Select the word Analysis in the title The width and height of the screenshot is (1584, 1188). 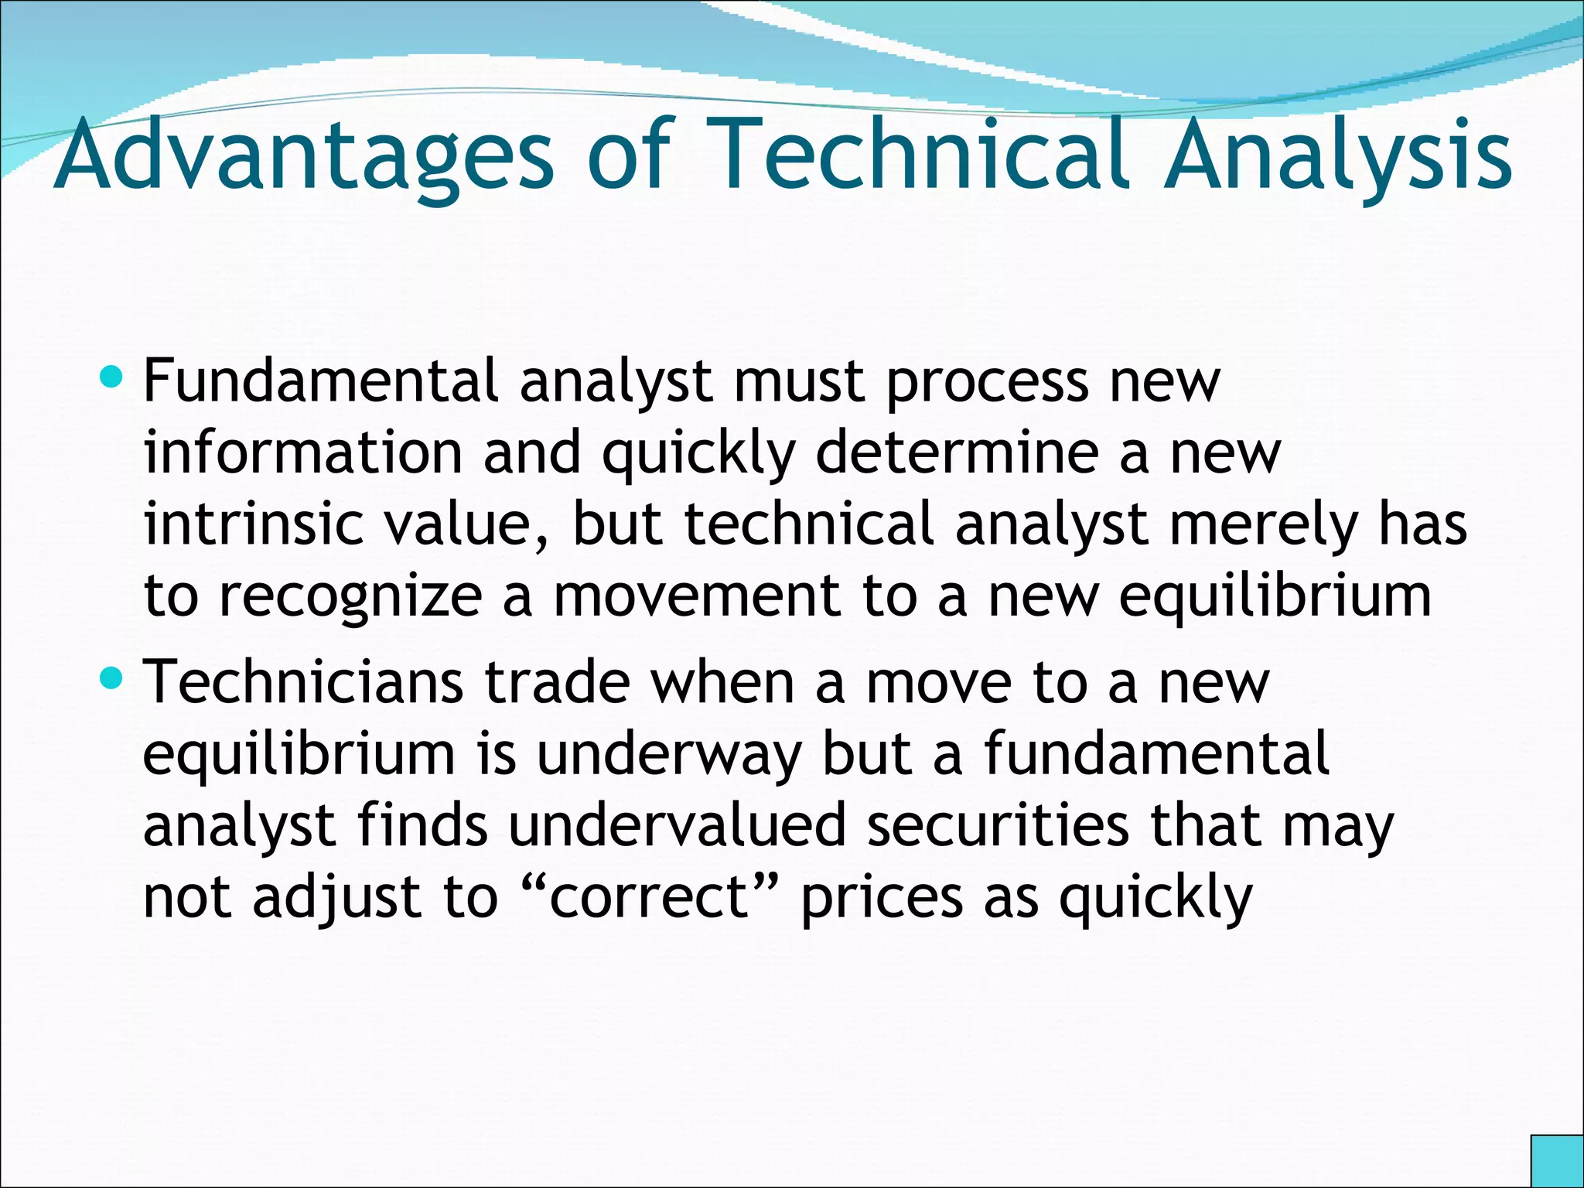point(1338,156)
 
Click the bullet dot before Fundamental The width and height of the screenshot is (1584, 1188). point(111,377)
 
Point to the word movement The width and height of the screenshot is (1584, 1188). point(697,596)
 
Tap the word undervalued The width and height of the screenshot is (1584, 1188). point(678,825)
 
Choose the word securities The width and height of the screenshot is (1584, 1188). point(999,825)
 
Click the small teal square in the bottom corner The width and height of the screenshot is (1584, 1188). point(1557,1161)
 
